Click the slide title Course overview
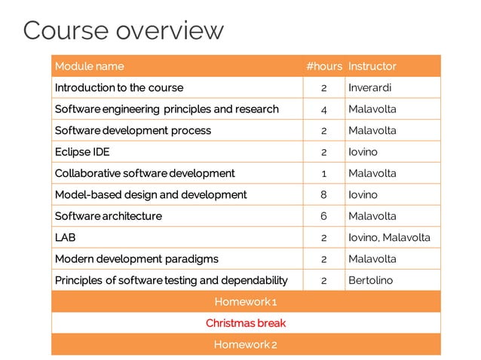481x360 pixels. point(124,30)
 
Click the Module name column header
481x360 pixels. point(89,66)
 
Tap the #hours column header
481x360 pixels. point(324,66)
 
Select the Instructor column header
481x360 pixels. point(372,66)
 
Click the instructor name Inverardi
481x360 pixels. point(369,88)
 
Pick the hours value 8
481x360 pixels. point(323,195)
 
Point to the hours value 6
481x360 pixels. point(323,216)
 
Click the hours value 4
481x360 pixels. point(323,109)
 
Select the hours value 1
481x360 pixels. point(323,173)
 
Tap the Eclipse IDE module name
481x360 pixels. point(82,152)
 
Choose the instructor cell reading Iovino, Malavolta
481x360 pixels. point(389,237)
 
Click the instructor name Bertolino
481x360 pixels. point(370,280)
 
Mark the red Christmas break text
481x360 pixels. point(246,323)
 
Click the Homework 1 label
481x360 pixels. point(246,302)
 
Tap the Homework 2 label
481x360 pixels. point(246,345)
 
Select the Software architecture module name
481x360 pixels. point(108,216)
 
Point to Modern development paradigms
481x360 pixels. point(136,259)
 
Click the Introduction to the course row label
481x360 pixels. point(118,88)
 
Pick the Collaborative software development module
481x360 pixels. point(145,173)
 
